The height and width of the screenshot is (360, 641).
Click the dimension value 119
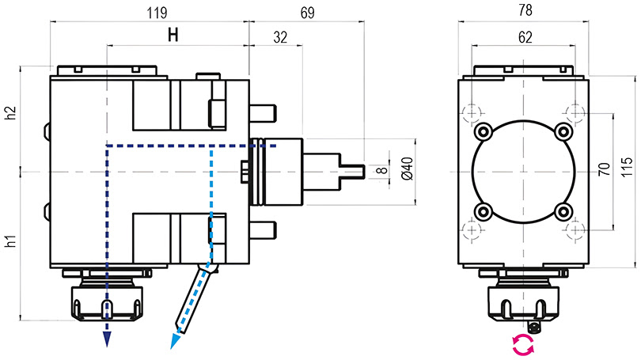[x=157, y=13]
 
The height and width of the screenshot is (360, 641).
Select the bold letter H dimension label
[x=173, y=35]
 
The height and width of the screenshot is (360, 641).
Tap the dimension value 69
[x=307, y=13]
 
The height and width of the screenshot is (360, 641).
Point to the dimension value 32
[x=280, y=38]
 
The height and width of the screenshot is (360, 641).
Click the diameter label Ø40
[x=408, y=169]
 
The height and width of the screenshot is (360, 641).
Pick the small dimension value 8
[x=381, y=169]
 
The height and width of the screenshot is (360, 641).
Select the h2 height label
[x=10, y=113]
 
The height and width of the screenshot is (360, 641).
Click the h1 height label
[x=10, y=241]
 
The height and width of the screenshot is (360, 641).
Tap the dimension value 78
[x=525, y=10]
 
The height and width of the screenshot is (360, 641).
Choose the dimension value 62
[x=525, y=38]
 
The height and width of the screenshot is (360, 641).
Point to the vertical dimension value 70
[x=605, y=169]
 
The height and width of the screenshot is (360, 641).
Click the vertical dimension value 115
[x=628, y=167]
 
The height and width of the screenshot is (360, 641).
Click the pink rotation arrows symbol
[x=524, y=344]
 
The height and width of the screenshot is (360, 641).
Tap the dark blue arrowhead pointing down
[x=107, y=339]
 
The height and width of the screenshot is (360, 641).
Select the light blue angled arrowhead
[x=176, y=341]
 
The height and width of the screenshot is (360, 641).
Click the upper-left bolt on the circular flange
[x=484, y=131]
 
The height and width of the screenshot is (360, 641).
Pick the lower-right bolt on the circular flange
[x=563, y=212]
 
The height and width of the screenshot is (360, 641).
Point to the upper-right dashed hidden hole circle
[x=575, y=112]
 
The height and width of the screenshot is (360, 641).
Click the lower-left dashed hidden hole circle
[x=472, y=232]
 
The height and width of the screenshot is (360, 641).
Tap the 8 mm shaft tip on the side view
[x=352, y=172]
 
